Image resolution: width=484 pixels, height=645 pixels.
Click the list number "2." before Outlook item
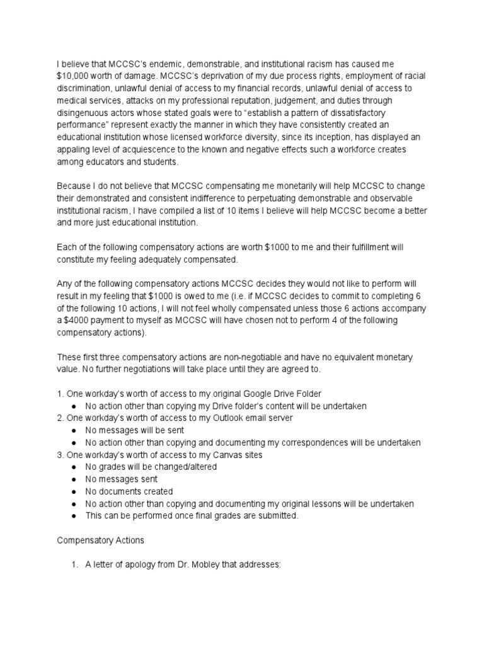pos(61,418)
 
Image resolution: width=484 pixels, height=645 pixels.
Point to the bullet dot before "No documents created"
pos(74,491)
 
